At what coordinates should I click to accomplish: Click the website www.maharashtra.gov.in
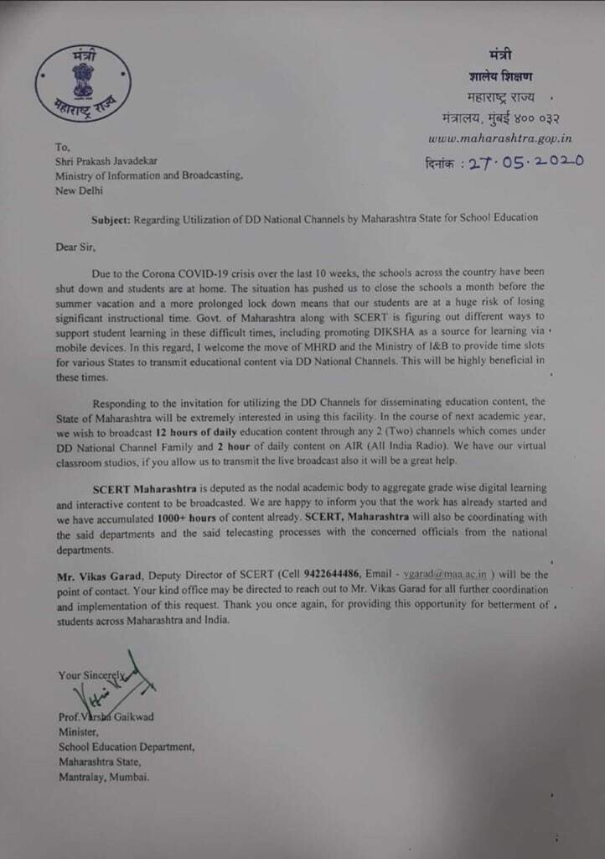[x=500, y=138]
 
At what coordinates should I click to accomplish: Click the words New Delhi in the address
[x=80, y=190]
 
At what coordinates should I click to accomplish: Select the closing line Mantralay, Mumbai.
[x=104, y=777]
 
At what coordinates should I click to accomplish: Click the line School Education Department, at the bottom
[x=127, y=747]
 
